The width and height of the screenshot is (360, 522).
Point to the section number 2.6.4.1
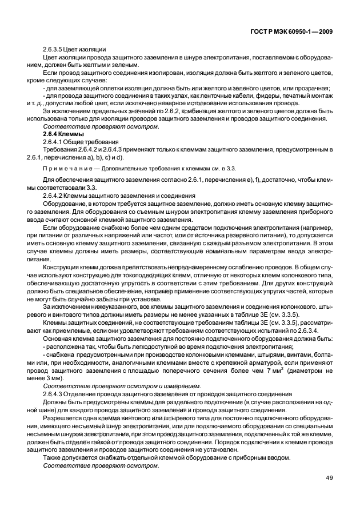[52, 141]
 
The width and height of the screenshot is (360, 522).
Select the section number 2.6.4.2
[52, 196]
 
